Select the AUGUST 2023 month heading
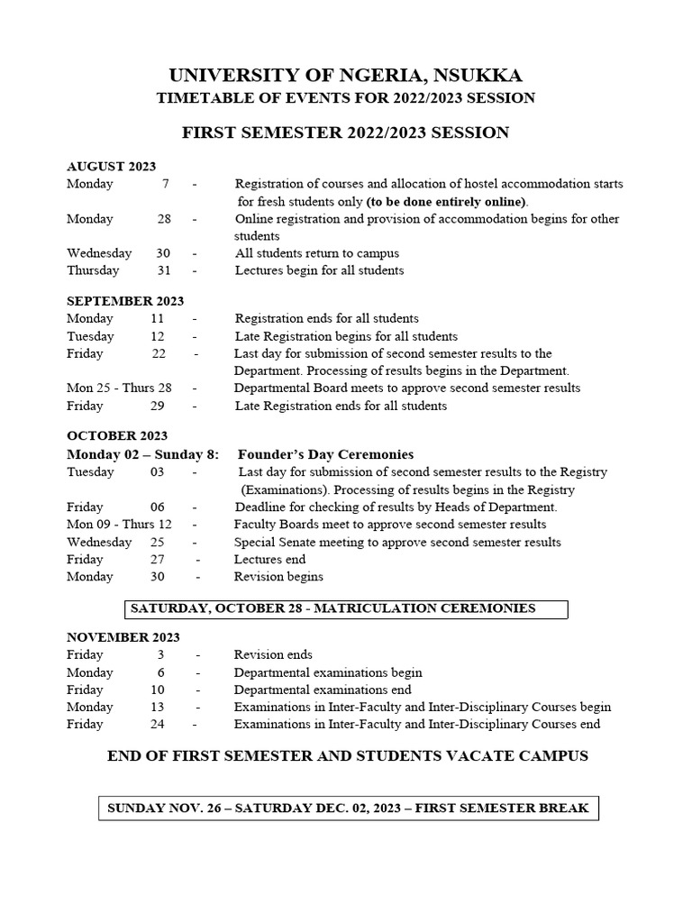(x=111, y=167)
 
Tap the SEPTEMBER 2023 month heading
(x=124, y=301)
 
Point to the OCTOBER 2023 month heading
(x=117, y=436)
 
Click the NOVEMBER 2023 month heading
(x=122, y=637)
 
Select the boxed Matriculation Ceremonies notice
(x=346, y=609)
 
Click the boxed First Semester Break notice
(x=347, y=809)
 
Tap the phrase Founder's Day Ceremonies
(x=325, y=454)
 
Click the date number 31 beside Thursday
(x=163, y=270)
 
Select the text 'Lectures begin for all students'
(x=319, y=270)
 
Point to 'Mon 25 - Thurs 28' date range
(x=119, y=388)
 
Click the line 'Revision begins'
(x=278, y=577)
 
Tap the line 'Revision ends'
(x=273, y=655)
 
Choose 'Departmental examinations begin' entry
(x=328, y=672)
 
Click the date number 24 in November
(x=158, y=725)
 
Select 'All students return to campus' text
(x=317, y=253)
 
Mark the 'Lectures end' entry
(x=270, y=560)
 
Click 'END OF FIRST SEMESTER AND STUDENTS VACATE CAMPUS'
(x=347, y=756)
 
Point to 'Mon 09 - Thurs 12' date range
(x=119, y=525)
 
